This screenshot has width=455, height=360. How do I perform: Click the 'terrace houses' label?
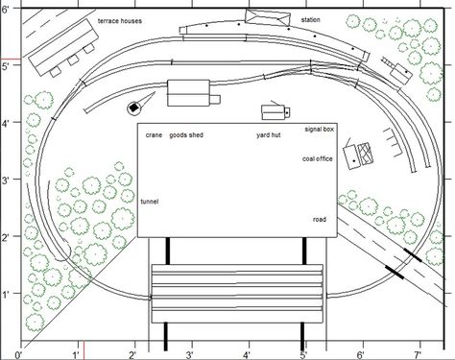(x=120, y=21)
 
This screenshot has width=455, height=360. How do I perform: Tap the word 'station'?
(x=310, y=20)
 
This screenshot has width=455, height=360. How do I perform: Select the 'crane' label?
(x=154, y=135)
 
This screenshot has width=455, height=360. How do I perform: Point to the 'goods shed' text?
(x=186, y=135)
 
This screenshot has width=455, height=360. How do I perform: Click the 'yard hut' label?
(x=269, y=135)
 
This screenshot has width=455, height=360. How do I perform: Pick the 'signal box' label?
(x=320, y=129)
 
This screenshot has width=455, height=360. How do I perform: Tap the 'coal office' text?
(x=318, y=158)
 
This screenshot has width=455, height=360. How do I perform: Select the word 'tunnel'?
(x=150, y=202)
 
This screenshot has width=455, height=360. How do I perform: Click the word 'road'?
(x=320, y=220)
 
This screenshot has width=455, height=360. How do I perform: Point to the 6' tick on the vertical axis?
(x=21, y=9)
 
